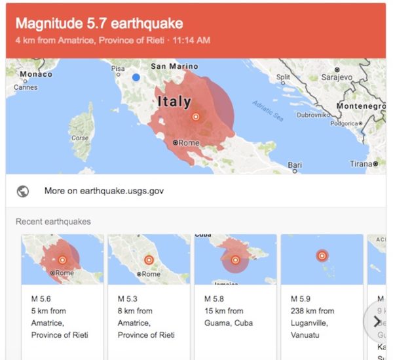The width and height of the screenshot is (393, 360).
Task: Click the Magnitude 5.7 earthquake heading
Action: point(99,24)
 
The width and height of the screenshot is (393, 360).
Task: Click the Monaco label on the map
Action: point(35,75)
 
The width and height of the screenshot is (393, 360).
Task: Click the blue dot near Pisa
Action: point(136,77)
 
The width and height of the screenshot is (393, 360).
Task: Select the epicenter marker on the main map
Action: point(195,117)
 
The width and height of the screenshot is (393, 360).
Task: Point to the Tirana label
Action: point(360,164)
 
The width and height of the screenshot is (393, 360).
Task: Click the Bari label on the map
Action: point(295,165)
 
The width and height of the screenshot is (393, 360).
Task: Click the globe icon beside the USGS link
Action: point(23,191)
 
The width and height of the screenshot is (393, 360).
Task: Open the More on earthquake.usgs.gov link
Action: point(103,191)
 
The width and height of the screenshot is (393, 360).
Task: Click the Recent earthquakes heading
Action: point(53,222)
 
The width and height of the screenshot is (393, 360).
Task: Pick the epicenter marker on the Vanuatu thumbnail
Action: point(322,256)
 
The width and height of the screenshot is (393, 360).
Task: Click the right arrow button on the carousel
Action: point(377,321)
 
